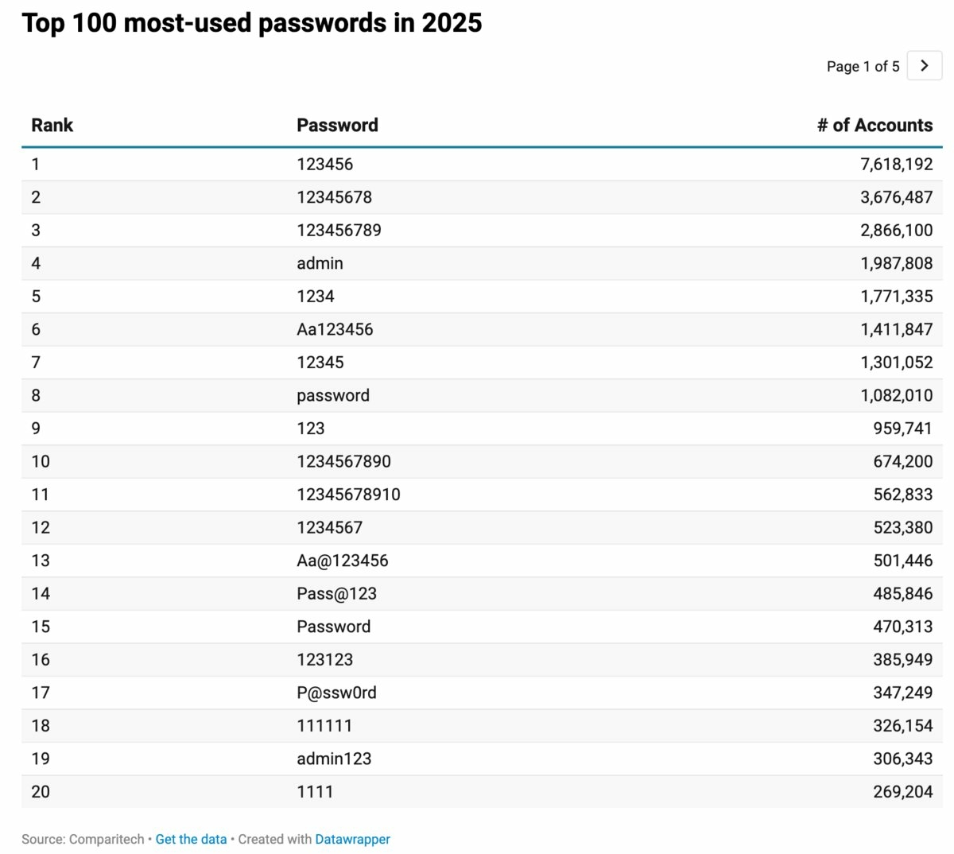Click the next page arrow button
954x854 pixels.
(x=924, y=66)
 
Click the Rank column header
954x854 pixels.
(x=52, y=125)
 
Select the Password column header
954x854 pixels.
(x=337, y=125)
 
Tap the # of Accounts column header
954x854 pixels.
(x=874, y=125)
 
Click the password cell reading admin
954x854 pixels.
(x=320, y=263)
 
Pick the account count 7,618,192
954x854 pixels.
(x=896, y=165)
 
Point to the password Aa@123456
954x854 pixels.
(x=343, y=561)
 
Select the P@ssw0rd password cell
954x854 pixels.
(x=336, y=693)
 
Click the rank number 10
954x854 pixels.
(x=41, y=461)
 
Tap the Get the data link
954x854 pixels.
(x=191, y=839)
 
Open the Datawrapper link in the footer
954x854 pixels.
(x=352, y=839)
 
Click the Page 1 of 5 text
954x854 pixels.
(x=863, y=67)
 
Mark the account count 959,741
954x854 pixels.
(x=902, y=429)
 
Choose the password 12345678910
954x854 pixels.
(x=348, y=495)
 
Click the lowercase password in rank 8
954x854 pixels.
(x=333, y=395)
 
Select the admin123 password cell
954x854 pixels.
(x=334, y=759)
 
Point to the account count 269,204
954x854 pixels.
(x=902, y=792)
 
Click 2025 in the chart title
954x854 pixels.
(x=452, y=22)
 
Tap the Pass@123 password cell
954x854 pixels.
(x=336, y=594)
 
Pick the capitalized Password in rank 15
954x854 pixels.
(x=333, y=627)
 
